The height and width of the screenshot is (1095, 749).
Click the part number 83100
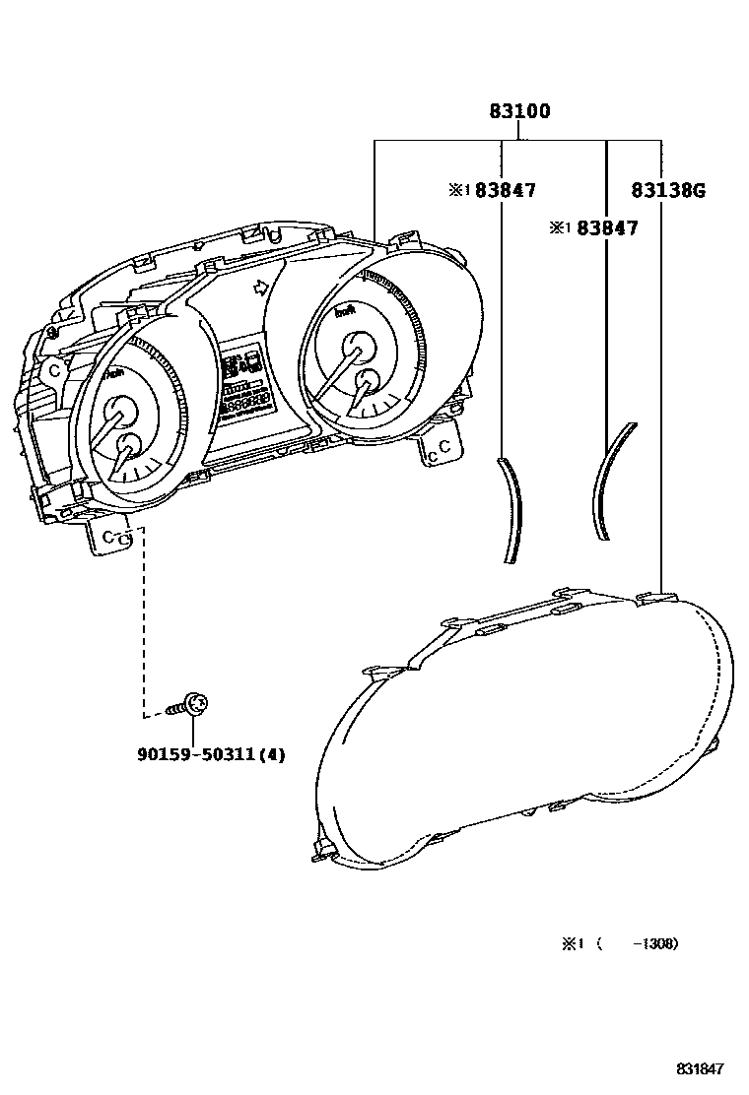click(x=519, y=112)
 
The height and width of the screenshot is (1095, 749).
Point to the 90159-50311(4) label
click(x=211, y=755)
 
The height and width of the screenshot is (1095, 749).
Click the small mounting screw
click(x=193, y=705)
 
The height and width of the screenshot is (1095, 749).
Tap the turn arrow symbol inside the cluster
click(x=260, y=288)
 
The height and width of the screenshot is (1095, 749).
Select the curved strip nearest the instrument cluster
click(x=511, y=510)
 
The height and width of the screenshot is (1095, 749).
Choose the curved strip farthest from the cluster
click(x=611, y=478)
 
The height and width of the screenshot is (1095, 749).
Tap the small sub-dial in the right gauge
click(x=368, y=383)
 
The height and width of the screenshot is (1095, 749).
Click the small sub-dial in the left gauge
click(x=128, y=446)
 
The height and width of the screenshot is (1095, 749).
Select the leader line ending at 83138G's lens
click(x=659, y=394)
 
